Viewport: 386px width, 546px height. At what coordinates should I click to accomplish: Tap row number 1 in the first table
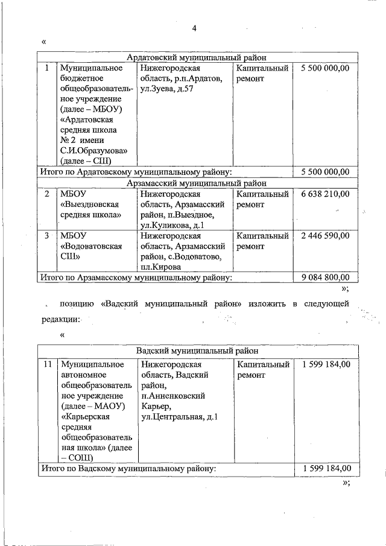tap(46, 68)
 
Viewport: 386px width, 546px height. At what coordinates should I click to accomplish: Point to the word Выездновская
tap(90, 205)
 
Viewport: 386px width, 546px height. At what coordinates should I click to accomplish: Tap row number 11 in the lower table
tap(47, 364)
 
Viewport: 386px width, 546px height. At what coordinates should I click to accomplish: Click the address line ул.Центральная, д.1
tap(179, 416)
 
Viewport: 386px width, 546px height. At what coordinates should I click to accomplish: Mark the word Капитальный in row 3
tap(263, 236)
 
